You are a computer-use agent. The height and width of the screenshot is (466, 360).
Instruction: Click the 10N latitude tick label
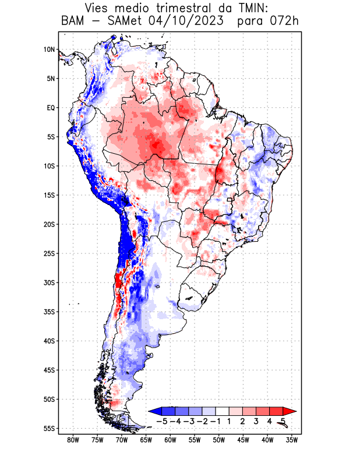pos(49,50)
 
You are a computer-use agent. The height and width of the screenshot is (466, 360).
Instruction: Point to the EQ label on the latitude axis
pos(50,108)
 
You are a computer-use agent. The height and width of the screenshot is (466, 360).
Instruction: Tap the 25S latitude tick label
pos(49,253)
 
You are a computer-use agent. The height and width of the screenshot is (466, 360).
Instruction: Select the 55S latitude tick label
pos(49,428)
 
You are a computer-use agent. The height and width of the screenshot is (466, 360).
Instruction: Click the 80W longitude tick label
pos(73,440)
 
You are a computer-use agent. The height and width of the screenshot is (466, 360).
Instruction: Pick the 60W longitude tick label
pos(170,440)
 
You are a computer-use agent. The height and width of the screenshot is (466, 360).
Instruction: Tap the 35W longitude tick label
pos(292,440)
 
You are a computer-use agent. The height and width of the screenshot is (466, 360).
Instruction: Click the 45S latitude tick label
pos(49,370)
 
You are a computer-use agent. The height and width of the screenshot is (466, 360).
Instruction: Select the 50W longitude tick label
pos(219,440)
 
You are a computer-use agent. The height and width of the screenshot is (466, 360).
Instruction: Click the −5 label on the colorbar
pos(163,421)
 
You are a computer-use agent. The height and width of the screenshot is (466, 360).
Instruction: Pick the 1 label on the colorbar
pos(230,421)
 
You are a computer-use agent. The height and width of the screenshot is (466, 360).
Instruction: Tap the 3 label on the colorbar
pos(256,421)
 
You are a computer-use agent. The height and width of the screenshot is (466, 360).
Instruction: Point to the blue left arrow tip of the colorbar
pos(153,411)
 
